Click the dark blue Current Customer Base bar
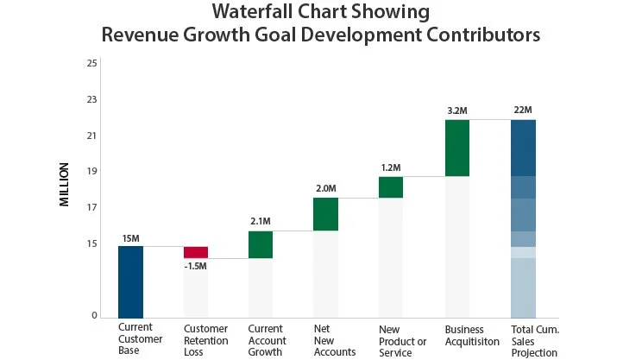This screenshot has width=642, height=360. pos(130,281)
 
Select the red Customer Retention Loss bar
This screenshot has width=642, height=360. pos(196,252)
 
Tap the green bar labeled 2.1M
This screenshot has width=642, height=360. pos(261,244)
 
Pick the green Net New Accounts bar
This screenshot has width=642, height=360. pos(325,214)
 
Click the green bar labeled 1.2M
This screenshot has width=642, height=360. pos(391,187)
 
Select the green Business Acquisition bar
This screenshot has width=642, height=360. pos(457,148)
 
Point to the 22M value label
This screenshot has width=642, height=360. pos(522,110)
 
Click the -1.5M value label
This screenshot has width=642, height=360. pos(196,266)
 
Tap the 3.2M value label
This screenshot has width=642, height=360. pos(457,110)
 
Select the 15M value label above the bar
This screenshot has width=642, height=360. pos(130,237)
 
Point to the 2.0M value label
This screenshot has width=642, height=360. pos(325,188)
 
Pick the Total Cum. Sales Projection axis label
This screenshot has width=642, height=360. pos(535,341)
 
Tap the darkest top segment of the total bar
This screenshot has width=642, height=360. pos(523,148)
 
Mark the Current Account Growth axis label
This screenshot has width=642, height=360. pos(267,341)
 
